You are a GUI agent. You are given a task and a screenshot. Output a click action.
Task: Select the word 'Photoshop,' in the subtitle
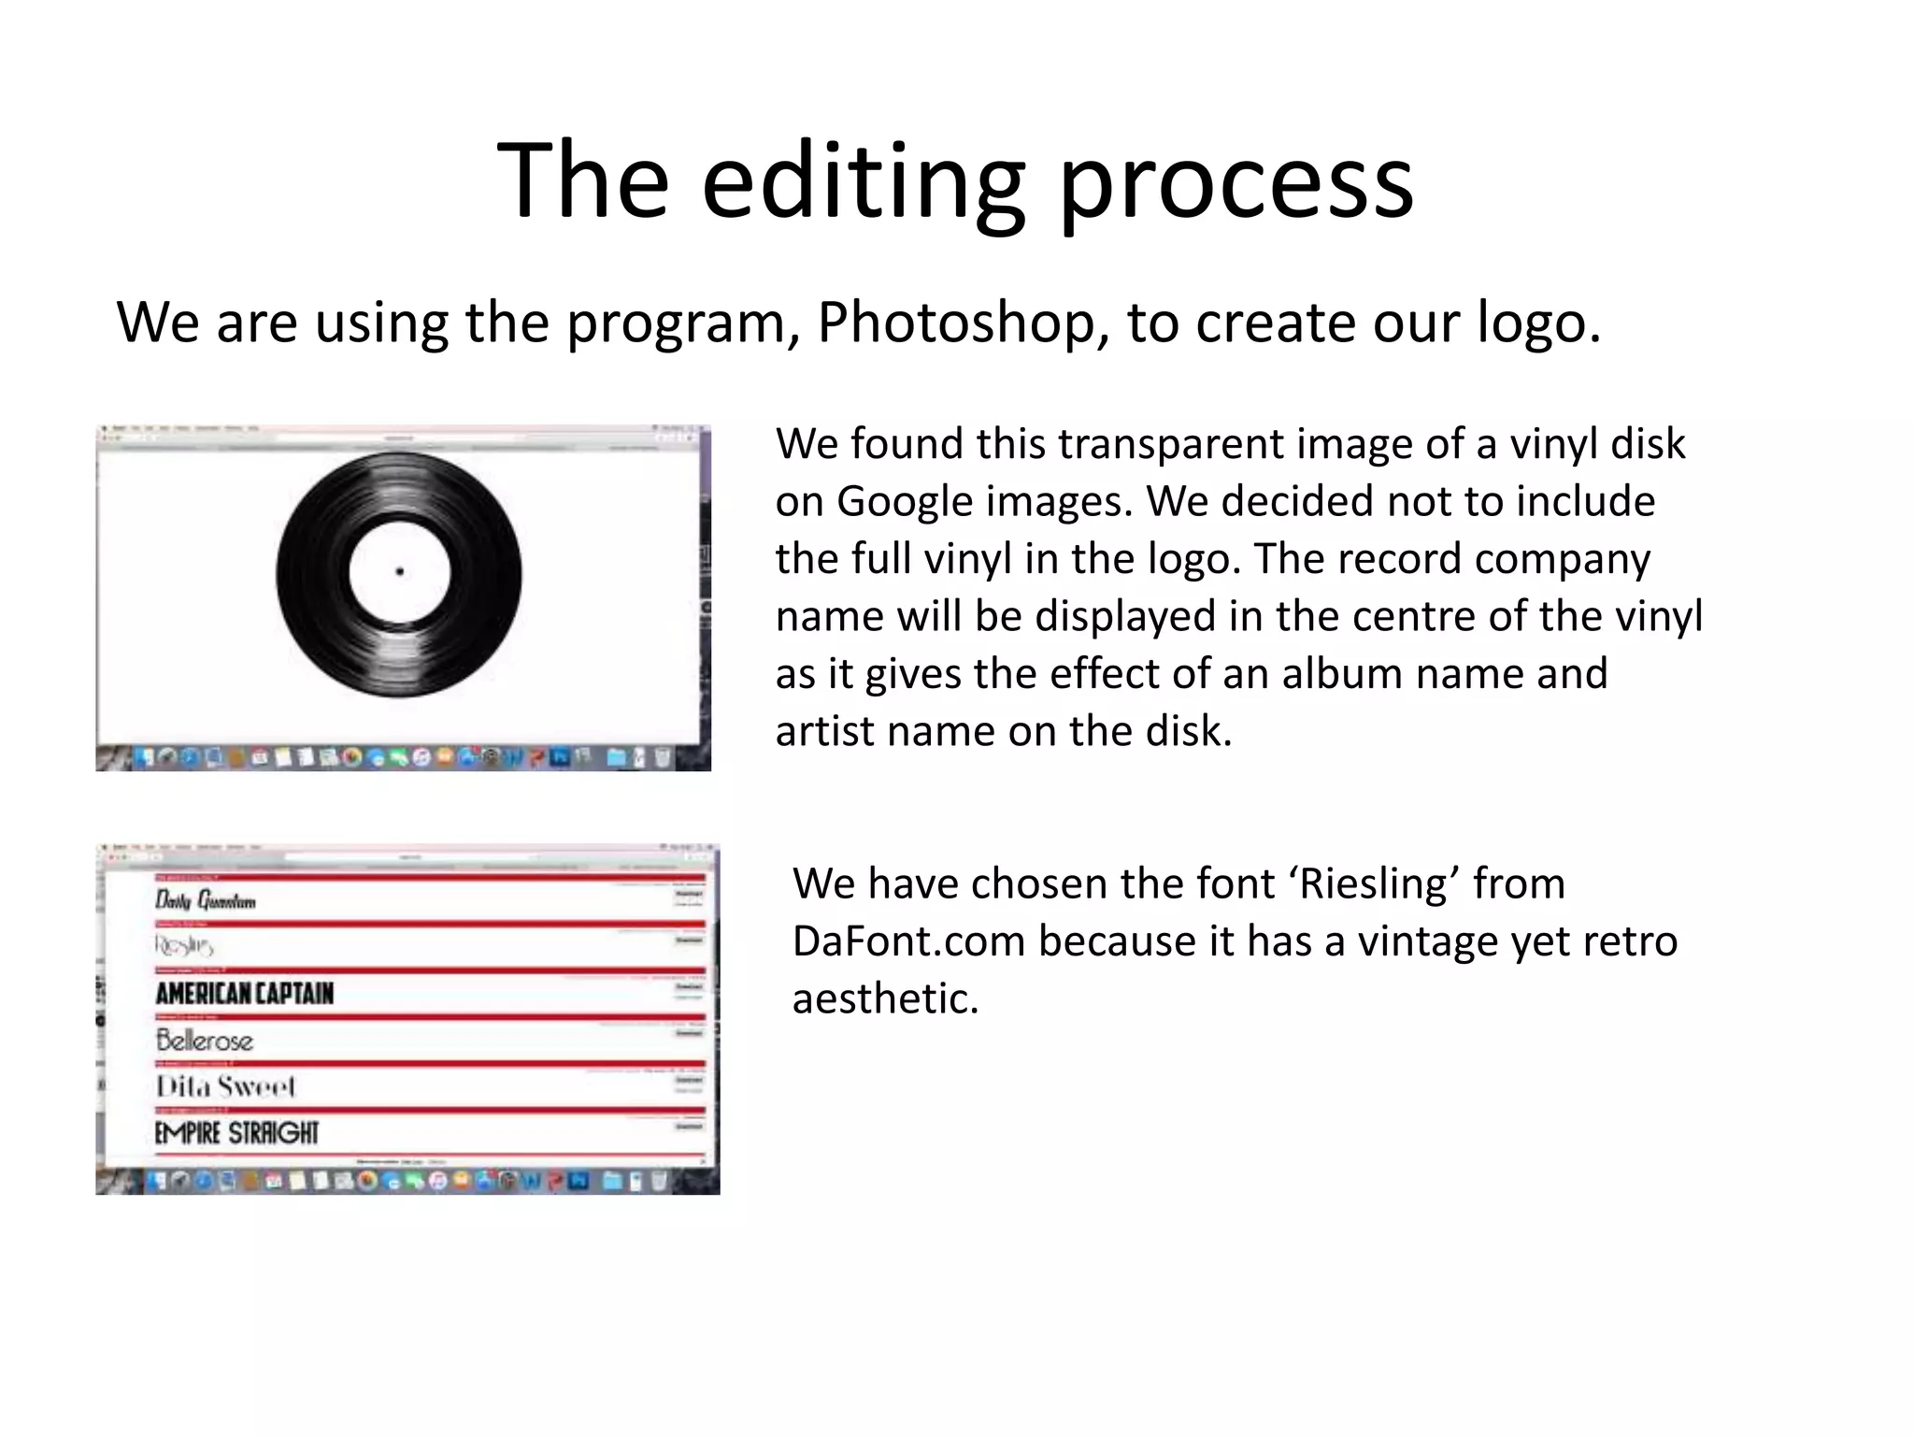(963, 322)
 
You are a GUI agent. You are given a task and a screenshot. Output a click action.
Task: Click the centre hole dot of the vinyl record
(400, 571)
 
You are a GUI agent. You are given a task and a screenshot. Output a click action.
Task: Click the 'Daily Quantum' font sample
(206, 900)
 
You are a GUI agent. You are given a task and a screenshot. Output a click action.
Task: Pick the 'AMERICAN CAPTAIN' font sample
(245, 993)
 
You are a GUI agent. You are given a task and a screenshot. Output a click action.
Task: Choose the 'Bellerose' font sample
(205, 1040)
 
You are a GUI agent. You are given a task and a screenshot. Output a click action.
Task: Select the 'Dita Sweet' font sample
(225, 1086)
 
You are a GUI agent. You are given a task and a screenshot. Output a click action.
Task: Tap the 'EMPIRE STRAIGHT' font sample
(237, 1133)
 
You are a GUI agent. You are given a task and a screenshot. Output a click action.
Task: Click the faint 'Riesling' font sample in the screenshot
(185, 945)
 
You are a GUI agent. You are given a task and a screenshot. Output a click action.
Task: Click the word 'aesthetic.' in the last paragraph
(885, 998)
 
